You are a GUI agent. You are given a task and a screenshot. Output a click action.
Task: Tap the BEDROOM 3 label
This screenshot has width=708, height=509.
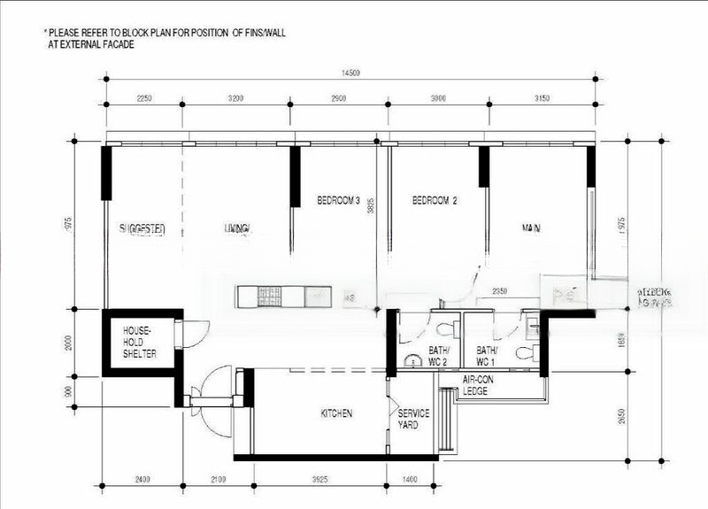[x=339, y=201]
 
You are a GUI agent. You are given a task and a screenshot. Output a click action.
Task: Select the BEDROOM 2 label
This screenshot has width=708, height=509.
[x=435, y=201]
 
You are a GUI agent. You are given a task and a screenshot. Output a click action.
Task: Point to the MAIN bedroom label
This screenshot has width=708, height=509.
[x=531, y=228]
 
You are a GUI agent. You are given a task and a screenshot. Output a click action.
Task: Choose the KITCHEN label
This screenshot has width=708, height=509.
[x=336, y=413]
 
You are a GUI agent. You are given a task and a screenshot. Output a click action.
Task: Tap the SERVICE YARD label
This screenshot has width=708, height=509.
[x=413, y=419]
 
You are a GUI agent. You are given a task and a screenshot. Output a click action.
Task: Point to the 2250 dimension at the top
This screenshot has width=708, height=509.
[x=143, y=98]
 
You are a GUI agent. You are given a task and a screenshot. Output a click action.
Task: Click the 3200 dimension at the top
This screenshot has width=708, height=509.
[x=235, y=98]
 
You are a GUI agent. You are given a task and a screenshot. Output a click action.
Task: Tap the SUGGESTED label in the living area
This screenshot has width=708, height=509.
[x=142, y=229]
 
